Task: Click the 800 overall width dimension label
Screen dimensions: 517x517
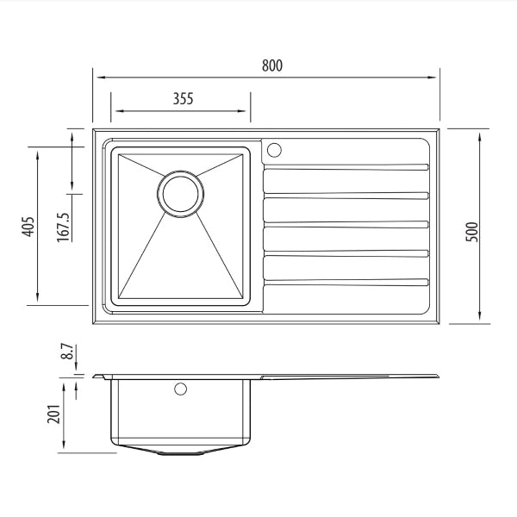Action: pos(271,65)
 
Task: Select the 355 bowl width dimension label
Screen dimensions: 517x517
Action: pos(182,98)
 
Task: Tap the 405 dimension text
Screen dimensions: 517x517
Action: pos(28,226)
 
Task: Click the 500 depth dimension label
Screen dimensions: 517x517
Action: pos(471,230)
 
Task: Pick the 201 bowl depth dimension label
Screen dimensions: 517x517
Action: pos(53,417)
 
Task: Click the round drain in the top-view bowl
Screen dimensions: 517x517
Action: pos(181,192)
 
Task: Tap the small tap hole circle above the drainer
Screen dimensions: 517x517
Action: pos(275,151)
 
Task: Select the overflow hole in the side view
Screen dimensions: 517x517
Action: pos(180,389)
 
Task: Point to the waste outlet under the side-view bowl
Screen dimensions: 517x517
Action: pos(181,452)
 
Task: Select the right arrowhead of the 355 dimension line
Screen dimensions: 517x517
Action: pos(246,110)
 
